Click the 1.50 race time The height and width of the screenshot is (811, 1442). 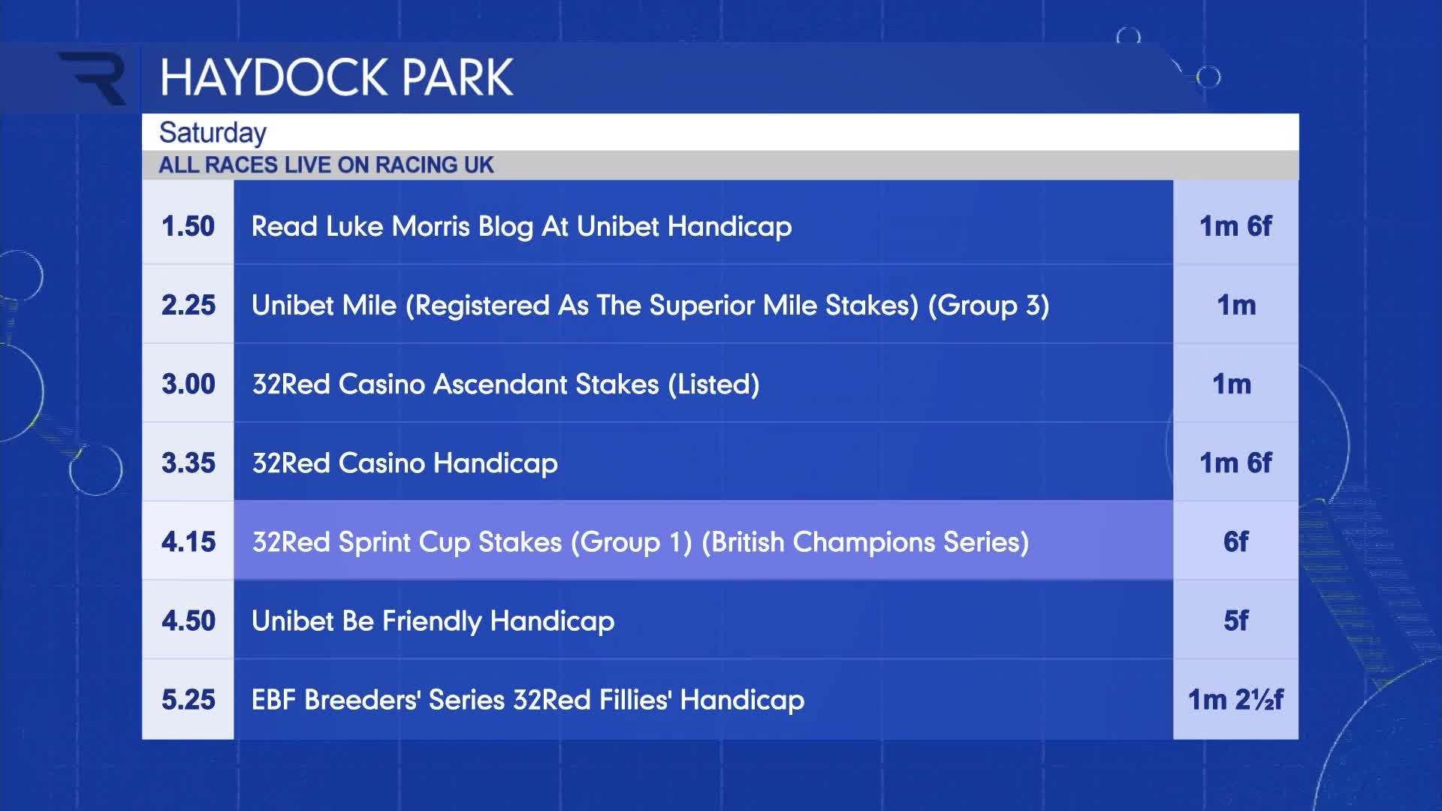188,226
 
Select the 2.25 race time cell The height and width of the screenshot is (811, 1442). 188,305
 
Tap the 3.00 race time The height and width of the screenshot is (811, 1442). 188,384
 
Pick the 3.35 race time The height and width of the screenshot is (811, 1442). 188,463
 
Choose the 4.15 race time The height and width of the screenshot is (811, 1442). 188,541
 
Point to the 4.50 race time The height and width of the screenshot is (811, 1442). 188,620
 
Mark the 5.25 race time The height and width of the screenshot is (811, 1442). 188,699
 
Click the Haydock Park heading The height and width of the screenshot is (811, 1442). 336,77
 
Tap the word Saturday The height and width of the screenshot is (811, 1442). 213,133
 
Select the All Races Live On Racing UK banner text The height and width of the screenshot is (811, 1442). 326,164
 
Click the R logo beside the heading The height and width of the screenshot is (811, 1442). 93,78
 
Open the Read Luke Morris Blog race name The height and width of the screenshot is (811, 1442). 521,227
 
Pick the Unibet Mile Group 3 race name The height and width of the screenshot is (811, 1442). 650,306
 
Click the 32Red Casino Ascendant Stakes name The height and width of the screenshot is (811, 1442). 505,384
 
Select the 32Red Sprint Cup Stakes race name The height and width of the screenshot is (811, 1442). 641,542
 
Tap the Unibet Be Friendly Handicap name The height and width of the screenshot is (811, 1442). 433,621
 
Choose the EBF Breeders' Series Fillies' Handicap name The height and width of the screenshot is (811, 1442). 528,700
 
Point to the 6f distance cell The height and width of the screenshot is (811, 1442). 1235,541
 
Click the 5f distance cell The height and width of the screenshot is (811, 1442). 1235,620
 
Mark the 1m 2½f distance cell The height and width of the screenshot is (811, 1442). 1235,699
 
